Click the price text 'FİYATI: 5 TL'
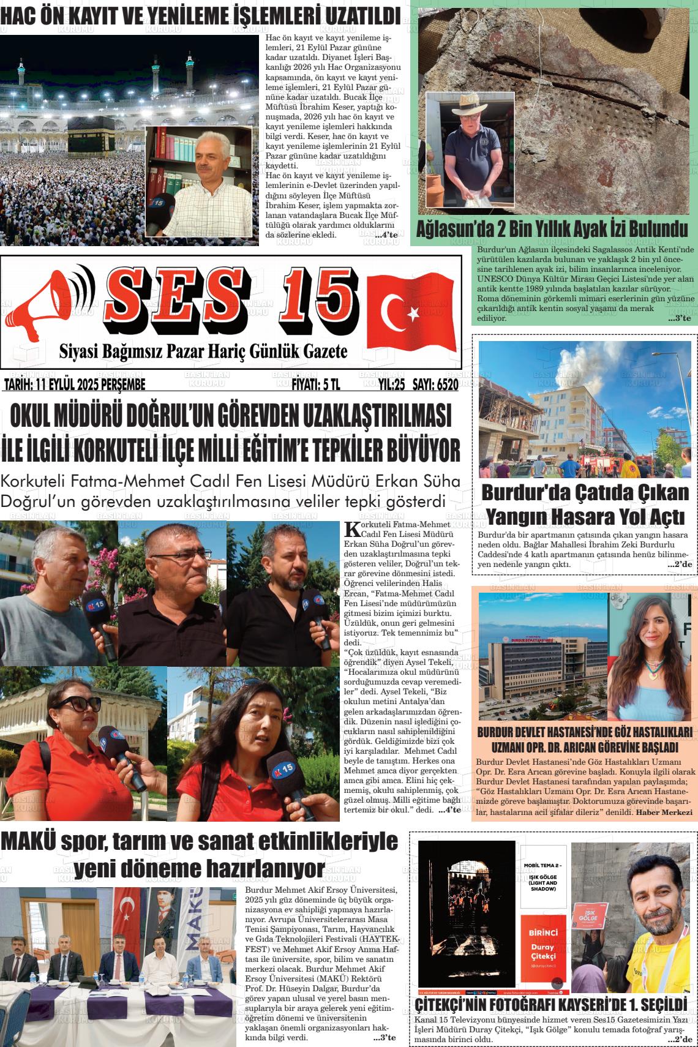pos(315,385)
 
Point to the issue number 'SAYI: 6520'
pos(435,385)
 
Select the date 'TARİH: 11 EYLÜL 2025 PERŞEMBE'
pos(75,385)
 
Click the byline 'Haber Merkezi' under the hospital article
pos(664,812)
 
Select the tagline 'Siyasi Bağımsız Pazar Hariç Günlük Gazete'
pos(203,351)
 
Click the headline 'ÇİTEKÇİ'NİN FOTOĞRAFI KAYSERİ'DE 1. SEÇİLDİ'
pos(550,1006)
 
